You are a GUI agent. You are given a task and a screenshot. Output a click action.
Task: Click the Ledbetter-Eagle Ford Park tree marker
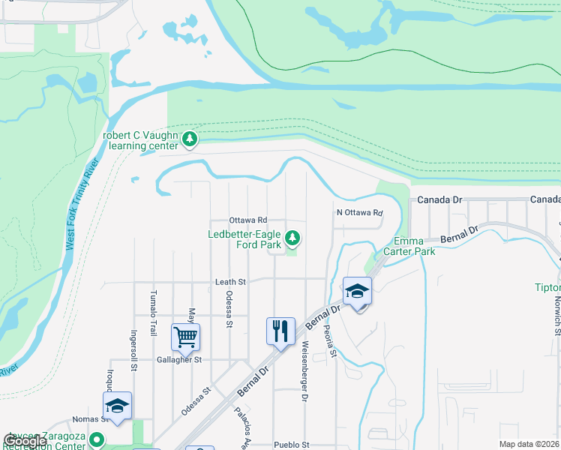(293, 239)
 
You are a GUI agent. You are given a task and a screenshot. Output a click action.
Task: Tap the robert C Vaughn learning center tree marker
(190, 138)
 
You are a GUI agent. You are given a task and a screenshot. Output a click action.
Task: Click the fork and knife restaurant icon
(280, 331)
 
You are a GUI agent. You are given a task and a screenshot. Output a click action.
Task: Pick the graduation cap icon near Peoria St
(358, 291)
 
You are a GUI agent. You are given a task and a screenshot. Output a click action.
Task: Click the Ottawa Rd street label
(248, 220)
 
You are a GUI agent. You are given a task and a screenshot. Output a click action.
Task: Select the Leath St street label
(231, 282)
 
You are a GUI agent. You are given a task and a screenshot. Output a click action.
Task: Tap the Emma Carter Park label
(414, 246)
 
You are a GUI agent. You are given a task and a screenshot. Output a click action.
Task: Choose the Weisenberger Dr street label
(305, 372)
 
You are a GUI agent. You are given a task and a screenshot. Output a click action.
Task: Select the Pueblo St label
(292, 444)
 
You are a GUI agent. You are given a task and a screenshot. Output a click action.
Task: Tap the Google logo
(25, 441)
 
